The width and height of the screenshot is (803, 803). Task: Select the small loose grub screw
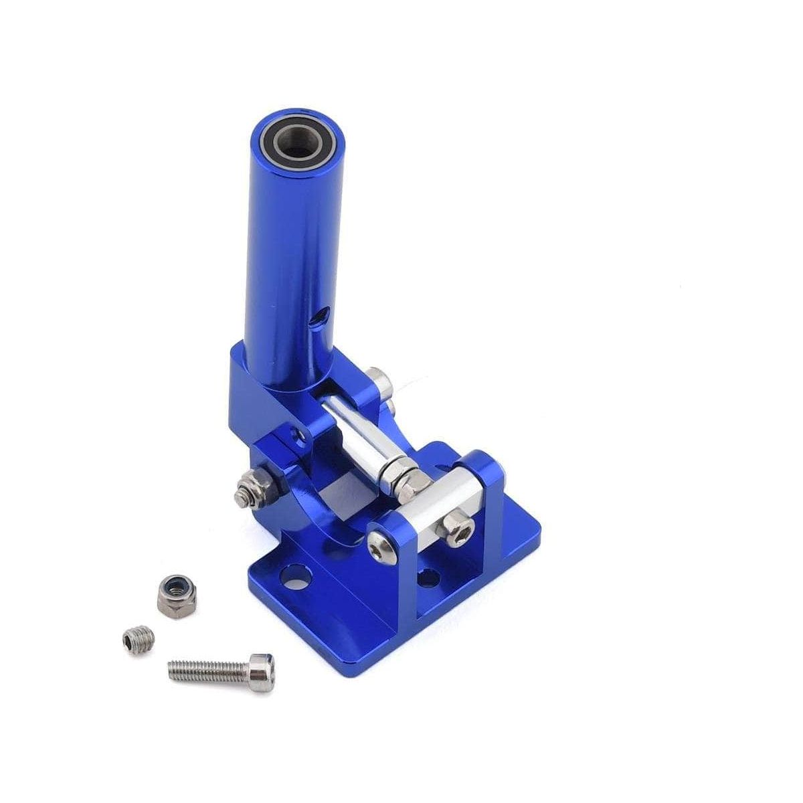pos(139,640)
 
